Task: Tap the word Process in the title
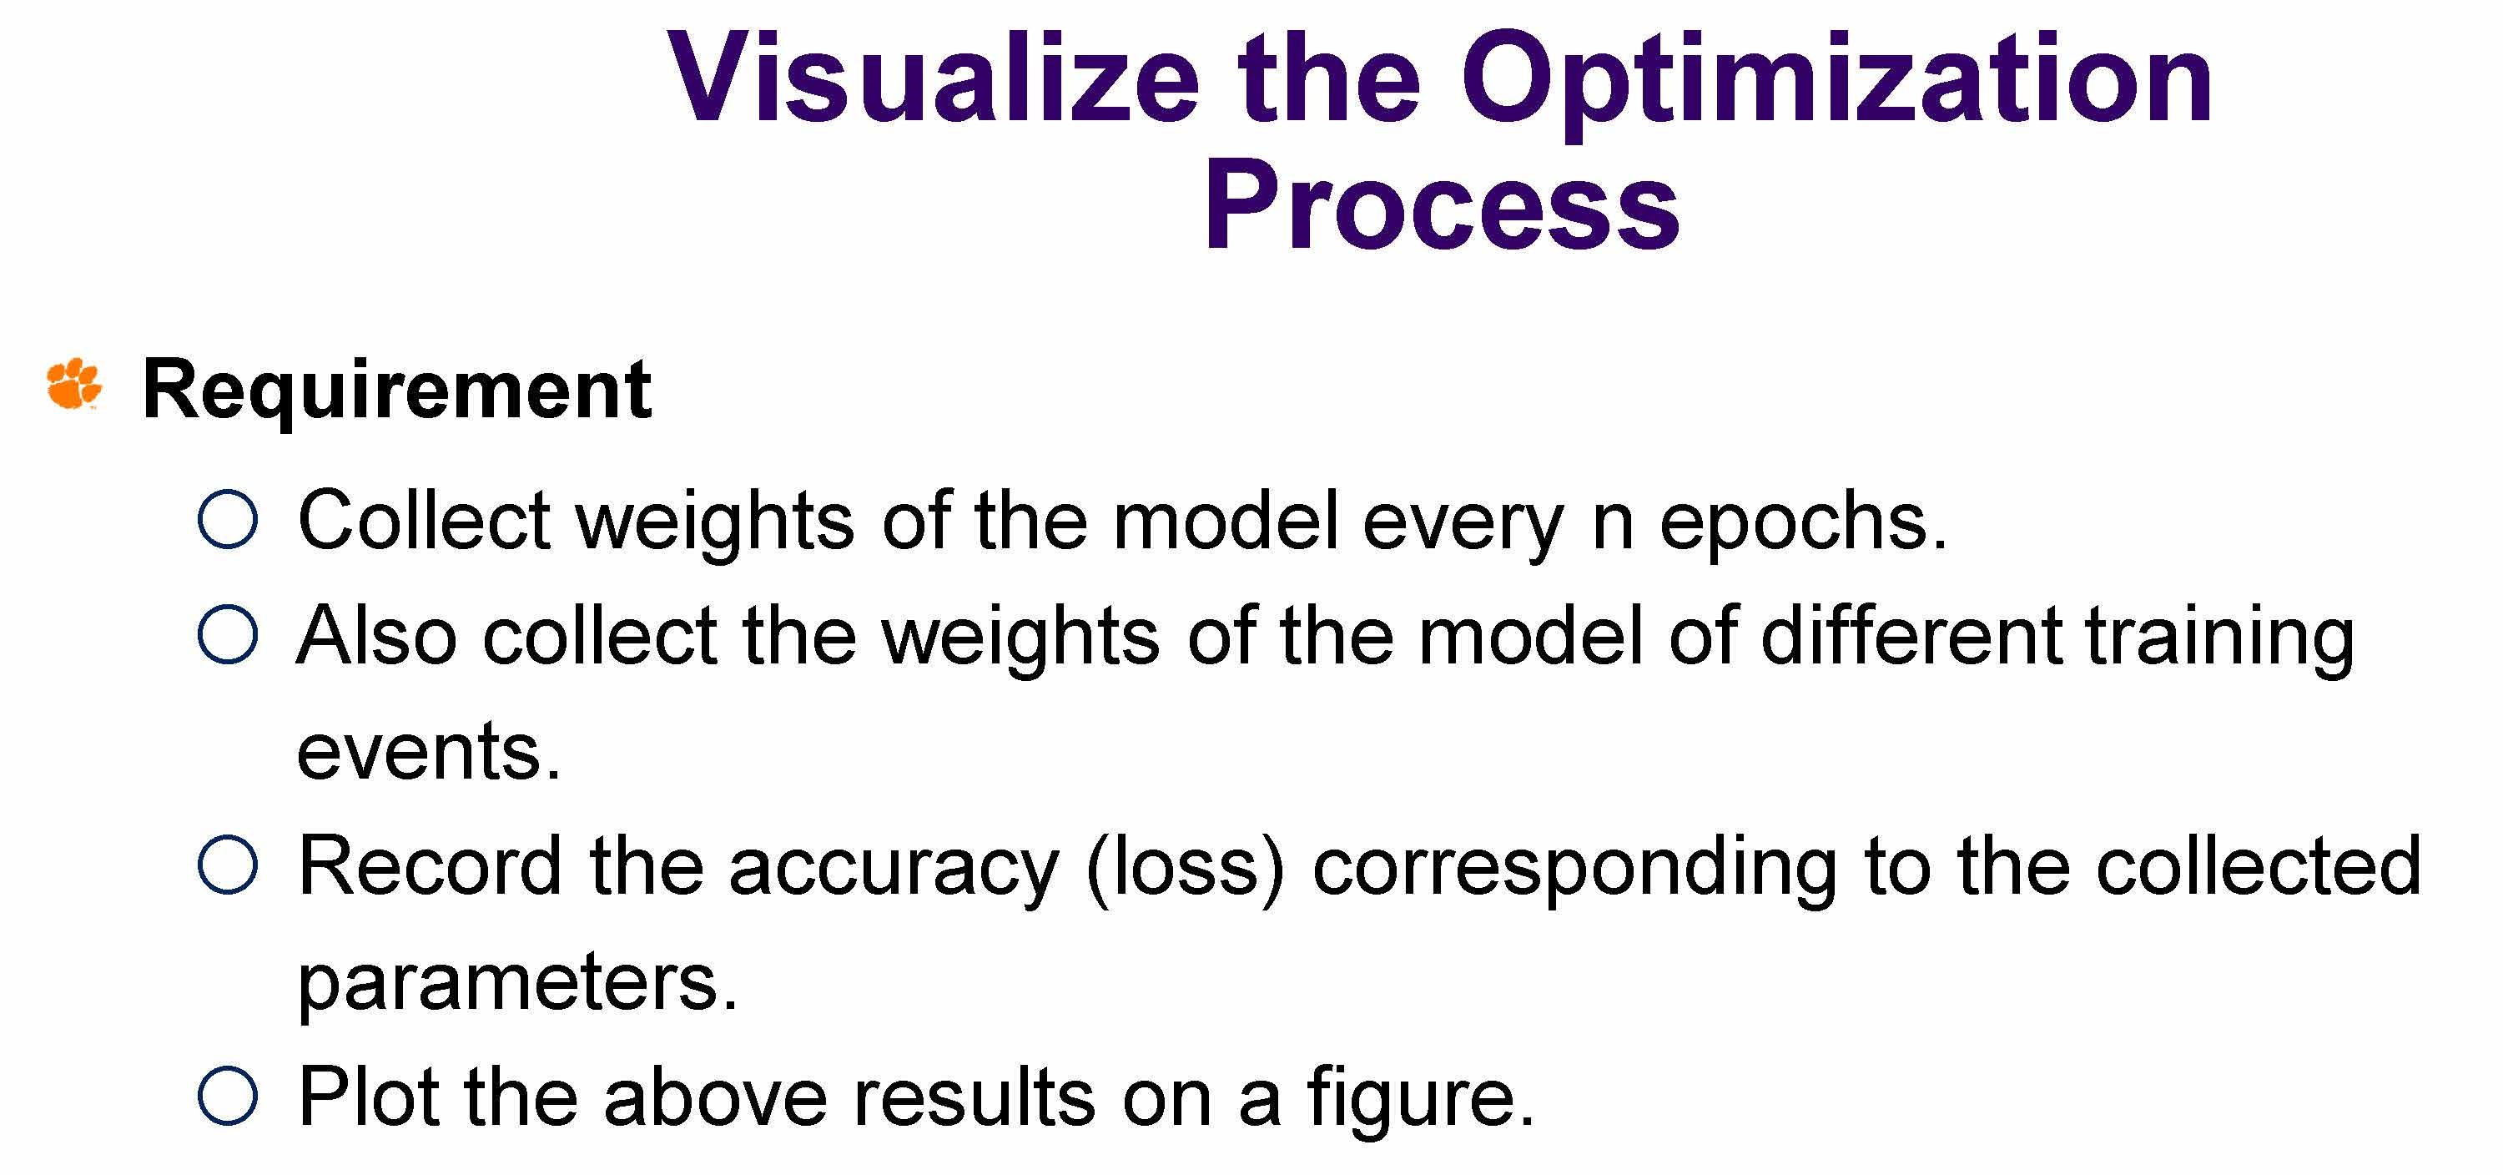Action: tap(1442, 205)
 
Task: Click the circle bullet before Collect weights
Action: tap(228, 520)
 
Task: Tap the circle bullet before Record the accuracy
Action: tap(228, 865)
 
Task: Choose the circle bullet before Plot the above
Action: tap(228, 1096)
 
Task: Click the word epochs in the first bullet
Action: tap(1802, 526)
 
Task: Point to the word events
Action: tap(429, 754)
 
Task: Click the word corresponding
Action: tap(1574, 870)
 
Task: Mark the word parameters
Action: tap(518, 987)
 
